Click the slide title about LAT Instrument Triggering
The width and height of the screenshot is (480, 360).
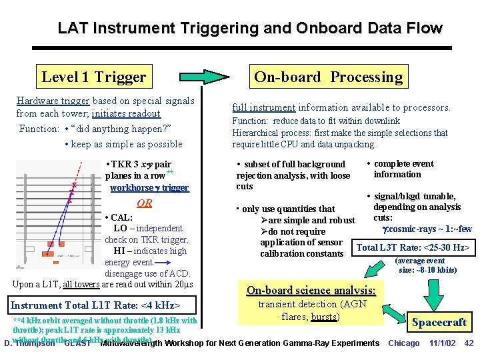coord(250,28)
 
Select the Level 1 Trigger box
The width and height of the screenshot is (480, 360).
coord(93,77)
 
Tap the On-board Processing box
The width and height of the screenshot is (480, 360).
coord(329,77)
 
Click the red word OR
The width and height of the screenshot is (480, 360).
coord(144,203)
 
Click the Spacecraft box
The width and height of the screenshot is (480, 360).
coord(439,323)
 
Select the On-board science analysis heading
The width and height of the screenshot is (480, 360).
coord(311,290)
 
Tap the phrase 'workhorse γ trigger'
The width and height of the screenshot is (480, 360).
coord(149,187)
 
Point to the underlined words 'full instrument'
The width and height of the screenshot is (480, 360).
coord(263,107)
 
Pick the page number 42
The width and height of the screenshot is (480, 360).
coord(468,343)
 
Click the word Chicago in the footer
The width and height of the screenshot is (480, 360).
coord(404,343)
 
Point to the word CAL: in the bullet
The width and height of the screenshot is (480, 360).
coord(122,217)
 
